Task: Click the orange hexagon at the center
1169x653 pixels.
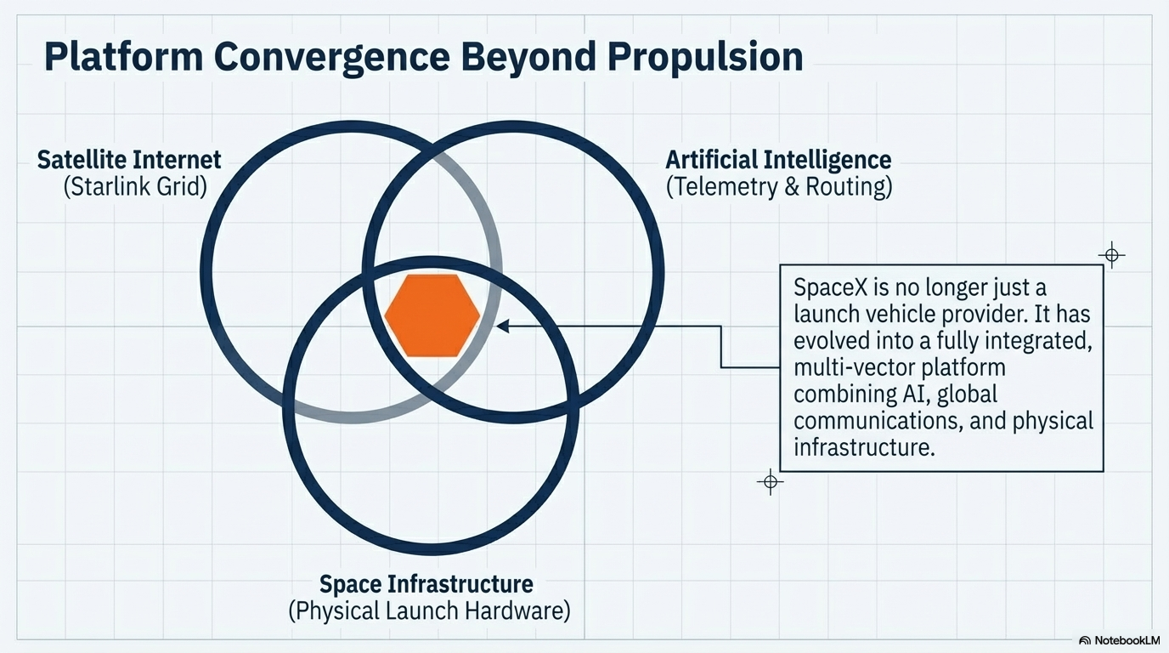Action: point(432,315)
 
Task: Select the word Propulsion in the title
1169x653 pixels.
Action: point(705,57)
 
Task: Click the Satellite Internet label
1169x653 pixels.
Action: point(129,159)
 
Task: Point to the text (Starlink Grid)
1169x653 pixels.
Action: point(135,186)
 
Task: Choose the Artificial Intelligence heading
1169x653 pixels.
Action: point(778,159)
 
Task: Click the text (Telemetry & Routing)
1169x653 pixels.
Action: point(778,186)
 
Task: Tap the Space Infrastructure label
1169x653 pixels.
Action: point(426,584)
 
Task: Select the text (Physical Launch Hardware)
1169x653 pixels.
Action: point(429,610)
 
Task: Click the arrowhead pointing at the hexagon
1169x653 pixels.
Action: point(503,326)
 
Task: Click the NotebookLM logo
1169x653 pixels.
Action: point(1119,639)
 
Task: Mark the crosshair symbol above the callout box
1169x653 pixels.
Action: point(1111,254)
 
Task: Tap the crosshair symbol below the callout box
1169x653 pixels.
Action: point(770,482)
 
